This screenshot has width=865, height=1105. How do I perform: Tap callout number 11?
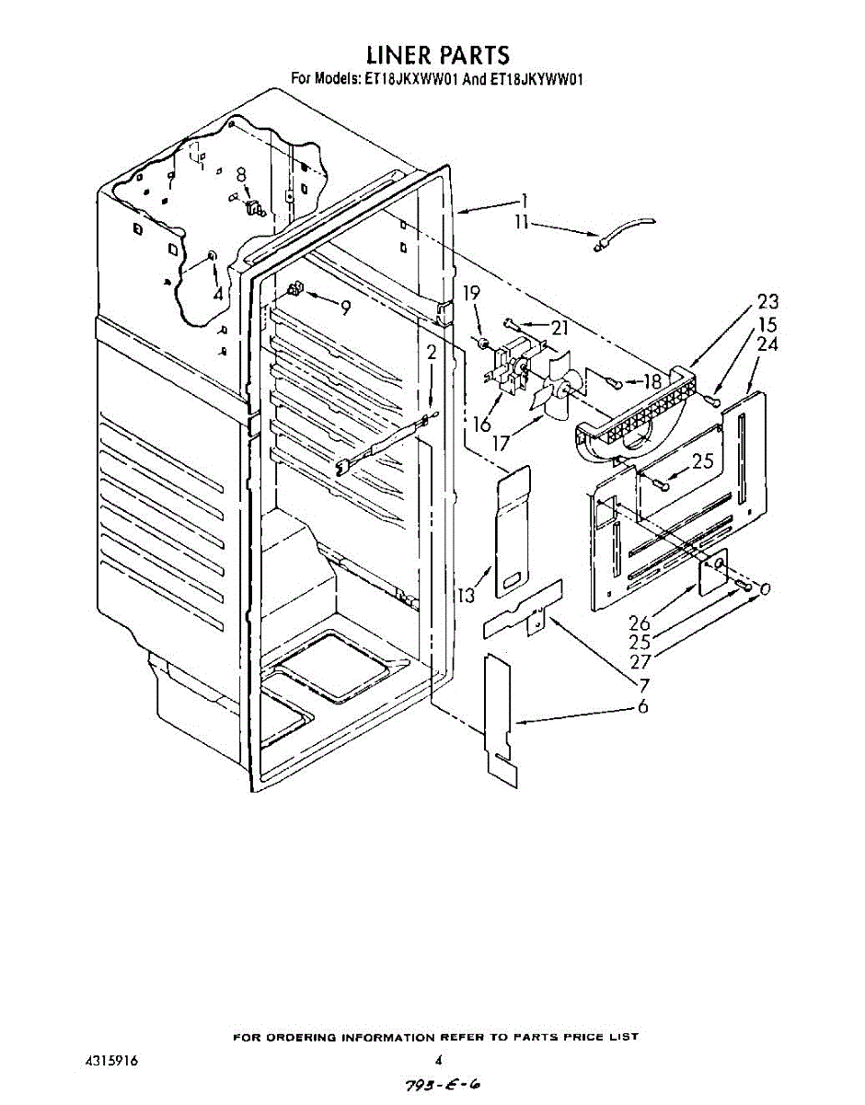522,222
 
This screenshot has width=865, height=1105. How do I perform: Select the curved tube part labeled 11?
625,231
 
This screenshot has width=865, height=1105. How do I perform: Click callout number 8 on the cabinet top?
241,174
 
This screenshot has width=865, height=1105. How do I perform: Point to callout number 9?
344,308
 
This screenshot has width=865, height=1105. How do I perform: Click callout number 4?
217,294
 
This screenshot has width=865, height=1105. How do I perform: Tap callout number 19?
471,295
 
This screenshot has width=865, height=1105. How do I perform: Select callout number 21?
559,328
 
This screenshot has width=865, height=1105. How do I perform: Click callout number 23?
767,301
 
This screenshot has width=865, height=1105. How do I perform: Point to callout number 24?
767,345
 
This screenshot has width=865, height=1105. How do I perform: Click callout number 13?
467,595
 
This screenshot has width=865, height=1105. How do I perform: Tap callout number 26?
639,623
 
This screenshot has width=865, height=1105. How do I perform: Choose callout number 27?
640,661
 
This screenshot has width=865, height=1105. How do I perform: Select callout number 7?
644,685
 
